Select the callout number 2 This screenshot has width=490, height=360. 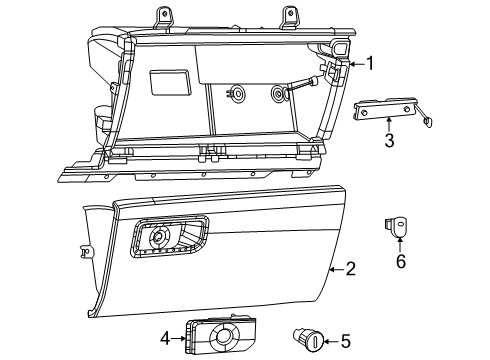click(x=350, y=268)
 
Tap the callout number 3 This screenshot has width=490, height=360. click(x=389, y=140)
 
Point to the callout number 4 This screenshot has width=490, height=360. click(x=166, y=338)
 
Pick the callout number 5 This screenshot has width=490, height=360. click(x=345, y=342)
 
